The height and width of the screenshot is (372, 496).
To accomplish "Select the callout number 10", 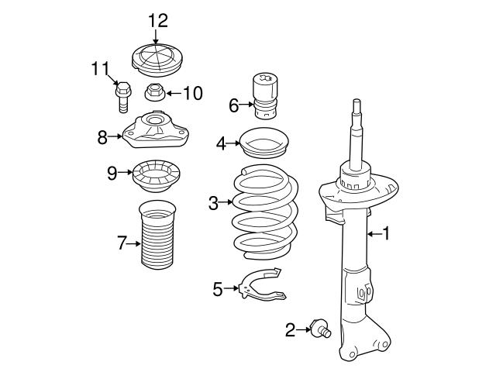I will [191, 94].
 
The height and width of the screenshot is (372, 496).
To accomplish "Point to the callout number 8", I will [102, 138].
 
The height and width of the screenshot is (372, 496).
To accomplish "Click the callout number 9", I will [112, 172].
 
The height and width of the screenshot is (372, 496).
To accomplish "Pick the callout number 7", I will [121, 243].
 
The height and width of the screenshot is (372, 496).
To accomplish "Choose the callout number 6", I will [233, 105].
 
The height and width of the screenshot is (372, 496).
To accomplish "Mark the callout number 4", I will [221, 143].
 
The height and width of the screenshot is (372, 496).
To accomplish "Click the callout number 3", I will [214, 204].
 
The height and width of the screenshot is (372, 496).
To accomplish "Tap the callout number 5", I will [218, 289].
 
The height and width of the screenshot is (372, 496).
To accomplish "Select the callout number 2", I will [290, 331].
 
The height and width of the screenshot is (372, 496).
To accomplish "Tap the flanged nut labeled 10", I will [153, 93].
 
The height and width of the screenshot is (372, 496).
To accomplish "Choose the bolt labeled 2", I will [319, 329].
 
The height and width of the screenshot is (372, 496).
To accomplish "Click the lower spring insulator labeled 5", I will [260, 284].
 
